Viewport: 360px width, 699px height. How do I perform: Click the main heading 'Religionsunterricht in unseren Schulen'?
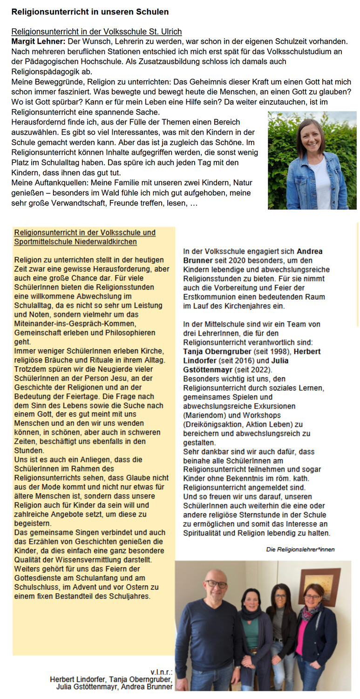[x=90, y=12]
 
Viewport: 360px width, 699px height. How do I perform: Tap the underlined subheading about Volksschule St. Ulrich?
[x=96, y=32]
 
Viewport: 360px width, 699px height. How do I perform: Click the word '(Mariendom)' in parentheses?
[x=204, y=415]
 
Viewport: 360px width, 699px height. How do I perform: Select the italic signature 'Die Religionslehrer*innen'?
[x=300, y=549]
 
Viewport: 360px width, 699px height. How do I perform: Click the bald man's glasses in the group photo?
[x=217, y=584]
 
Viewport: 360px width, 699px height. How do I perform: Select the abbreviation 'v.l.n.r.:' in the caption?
[x=162, y=672]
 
